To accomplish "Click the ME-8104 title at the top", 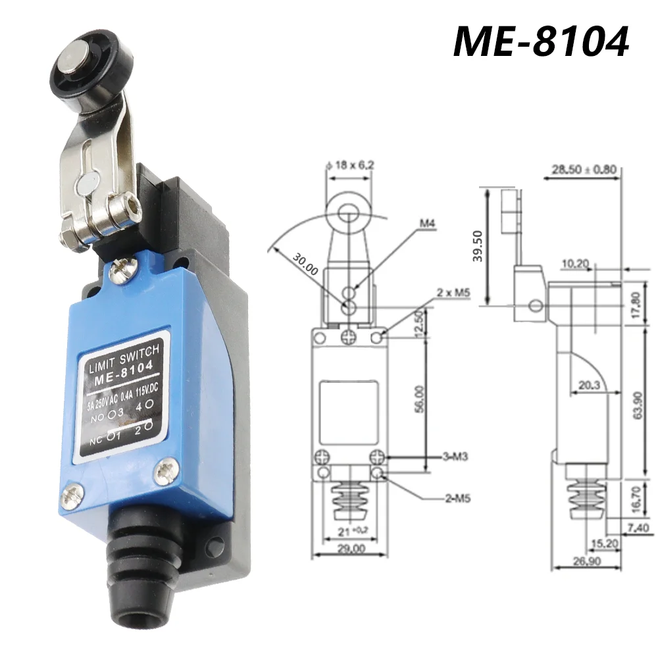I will (x=542, y=41).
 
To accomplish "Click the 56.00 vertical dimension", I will (x=419, y=399).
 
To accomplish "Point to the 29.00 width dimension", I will (x=347, y=547).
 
